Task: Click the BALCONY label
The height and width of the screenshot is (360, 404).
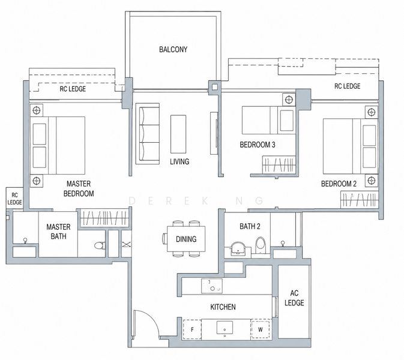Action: click(x=173, y=49)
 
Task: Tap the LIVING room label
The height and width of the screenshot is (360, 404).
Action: click(x=179, y=161)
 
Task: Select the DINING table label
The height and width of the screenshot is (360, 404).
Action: click(x=186, y=239)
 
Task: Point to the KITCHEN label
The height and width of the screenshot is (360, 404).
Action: click(x=223, y=307)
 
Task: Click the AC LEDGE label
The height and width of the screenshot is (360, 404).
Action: click(x=294, y=298)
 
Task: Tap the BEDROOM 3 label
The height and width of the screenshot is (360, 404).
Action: click(x=258, y=145)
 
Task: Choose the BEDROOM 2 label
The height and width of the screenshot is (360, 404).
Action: click(x=339, y=184)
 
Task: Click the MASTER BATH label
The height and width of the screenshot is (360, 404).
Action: click(x=58, y=232)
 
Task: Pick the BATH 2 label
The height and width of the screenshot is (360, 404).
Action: click(x=250, y=226)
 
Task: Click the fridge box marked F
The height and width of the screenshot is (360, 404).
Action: click(x=192, y=329)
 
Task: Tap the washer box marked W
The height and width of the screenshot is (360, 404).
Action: click(x=261, y=329)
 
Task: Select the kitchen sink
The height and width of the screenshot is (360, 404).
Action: click(x=225, y=328)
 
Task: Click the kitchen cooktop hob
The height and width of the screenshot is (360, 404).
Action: click(x=212, y=286)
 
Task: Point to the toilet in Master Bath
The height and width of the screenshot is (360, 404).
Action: click(x=100, y=245)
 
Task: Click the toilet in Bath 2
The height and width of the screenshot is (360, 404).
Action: click(x=261, y=244)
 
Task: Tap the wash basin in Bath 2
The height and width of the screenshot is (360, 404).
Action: click(x=238, y=248)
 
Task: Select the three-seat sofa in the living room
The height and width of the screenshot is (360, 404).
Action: click(x=148, y=134)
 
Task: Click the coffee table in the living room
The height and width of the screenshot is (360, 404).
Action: click(x=178, y=134)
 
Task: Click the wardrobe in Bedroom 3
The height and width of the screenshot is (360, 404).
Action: click(x=279, y=164)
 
